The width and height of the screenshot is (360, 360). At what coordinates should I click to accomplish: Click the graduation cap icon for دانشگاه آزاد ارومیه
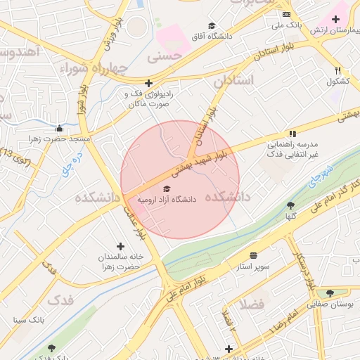point(167,188)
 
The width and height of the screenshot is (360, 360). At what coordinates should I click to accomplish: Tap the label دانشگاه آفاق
point(211,35)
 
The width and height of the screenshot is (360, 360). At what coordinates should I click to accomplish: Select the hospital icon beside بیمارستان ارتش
point(336,16)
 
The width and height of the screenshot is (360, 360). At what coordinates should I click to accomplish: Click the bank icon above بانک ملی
point(285,14)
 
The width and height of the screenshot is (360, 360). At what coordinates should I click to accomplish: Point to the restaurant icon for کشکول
point(338,70)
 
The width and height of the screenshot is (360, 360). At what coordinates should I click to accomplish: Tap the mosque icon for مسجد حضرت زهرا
point(60,129)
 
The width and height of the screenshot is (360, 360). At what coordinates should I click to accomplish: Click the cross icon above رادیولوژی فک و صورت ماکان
point(148,83)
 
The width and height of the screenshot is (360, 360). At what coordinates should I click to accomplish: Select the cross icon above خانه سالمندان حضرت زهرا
point(121,246)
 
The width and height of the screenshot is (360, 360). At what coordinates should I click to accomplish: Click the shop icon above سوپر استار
point(253,255)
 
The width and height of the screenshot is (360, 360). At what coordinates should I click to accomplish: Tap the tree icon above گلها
point(290,205)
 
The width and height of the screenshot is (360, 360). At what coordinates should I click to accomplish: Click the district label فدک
point(60,300)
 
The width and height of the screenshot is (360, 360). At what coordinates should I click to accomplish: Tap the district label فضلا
point(251,304)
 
